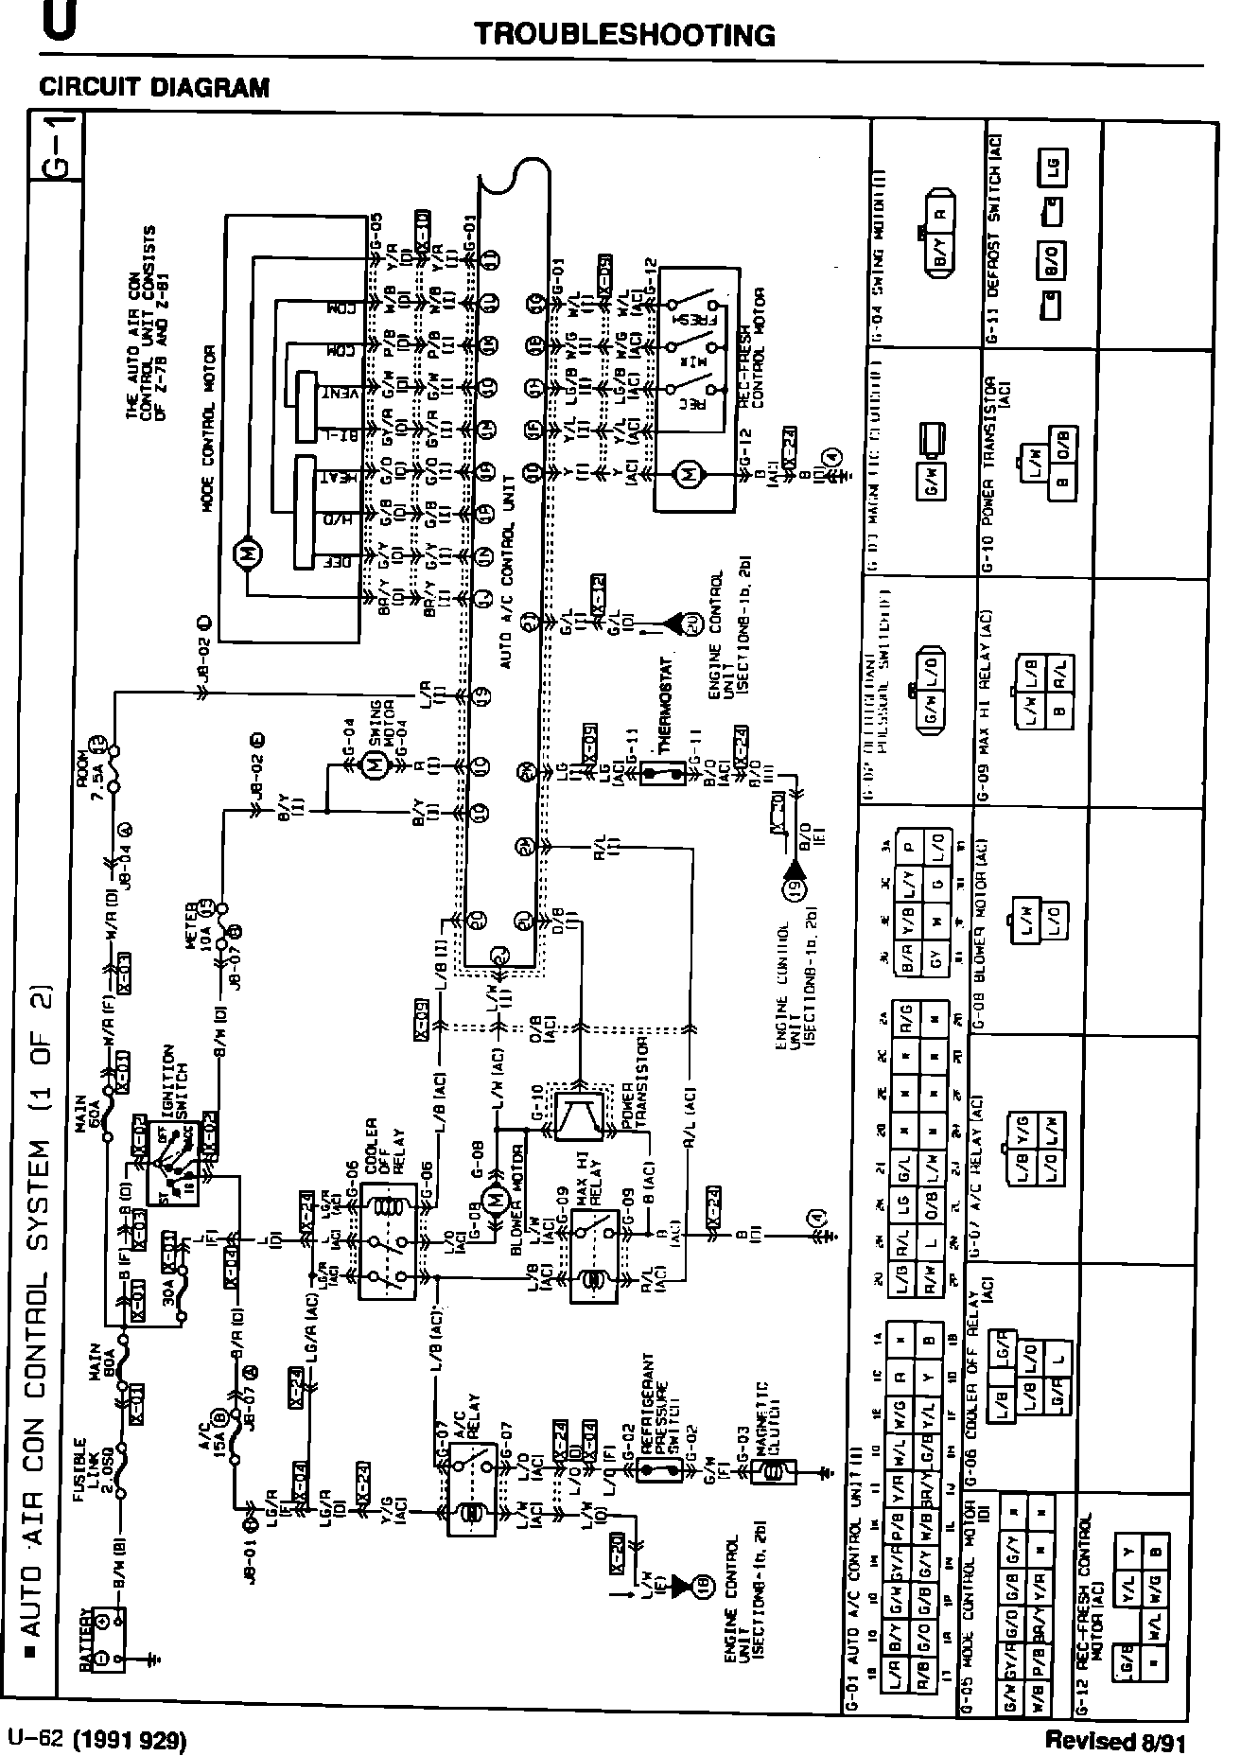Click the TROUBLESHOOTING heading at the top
point(624,36)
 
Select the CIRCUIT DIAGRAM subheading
point(154,88)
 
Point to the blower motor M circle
point(494,1201)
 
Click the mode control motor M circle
point(249,552)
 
